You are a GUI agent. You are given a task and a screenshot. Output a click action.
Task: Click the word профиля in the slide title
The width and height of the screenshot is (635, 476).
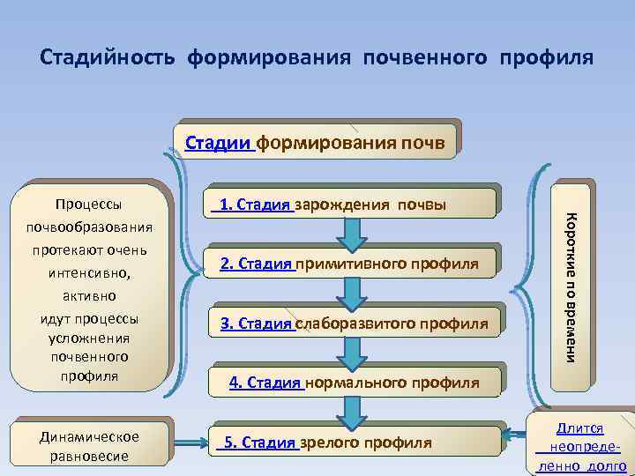point(547,57)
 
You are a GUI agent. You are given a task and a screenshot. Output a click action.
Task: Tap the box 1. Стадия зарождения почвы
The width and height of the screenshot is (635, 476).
point(352,205)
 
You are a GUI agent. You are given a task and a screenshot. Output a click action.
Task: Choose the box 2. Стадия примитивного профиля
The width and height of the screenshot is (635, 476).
point(352,264)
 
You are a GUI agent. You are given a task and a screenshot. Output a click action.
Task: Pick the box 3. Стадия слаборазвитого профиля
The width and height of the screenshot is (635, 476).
point(352,324)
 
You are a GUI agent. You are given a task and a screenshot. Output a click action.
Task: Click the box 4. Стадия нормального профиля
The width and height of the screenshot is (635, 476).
point(352,383)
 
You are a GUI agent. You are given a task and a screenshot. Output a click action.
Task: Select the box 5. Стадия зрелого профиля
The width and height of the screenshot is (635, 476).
point(352,443)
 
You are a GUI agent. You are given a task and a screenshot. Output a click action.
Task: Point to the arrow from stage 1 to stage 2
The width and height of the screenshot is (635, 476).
point(352,234)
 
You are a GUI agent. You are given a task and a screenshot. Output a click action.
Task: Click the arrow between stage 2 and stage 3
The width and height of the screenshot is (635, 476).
point(352,293)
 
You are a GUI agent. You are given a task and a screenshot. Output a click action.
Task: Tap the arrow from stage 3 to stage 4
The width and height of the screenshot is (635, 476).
point(352,353)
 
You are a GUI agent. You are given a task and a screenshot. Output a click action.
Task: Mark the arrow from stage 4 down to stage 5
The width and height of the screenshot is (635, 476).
point(352,412)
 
